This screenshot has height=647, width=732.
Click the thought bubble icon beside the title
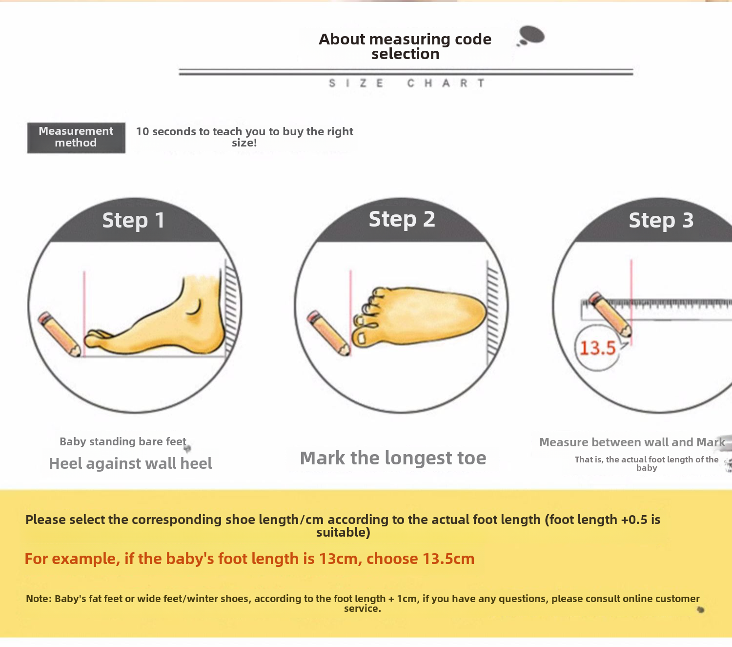[531, 36]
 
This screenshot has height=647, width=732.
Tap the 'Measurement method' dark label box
[76, 137]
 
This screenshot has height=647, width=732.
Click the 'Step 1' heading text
[133, 220]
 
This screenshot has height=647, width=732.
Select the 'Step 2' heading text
[402, 219]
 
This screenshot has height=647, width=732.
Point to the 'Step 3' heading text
[661, 220]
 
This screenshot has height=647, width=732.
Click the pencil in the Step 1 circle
[59, 334]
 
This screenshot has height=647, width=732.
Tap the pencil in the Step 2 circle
[328, 333]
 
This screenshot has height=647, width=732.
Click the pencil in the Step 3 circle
[610, 314]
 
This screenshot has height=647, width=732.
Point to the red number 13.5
[598, 348]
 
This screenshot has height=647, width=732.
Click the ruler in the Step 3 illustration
[656, 309]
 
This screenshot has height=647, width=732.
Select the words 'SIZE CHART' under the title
[407, 83]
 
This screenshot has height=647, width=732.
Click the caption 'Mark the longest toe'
[393, 458]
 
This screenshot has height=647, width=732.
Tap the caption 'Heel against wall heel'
[130, 463]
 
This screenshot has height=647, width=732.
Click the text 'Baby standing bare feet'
[123, 441]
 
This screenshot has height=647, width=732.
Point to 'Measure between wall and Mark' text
[632, 442]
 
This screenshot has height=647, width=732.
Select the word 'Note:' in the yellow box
[39, 599]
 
